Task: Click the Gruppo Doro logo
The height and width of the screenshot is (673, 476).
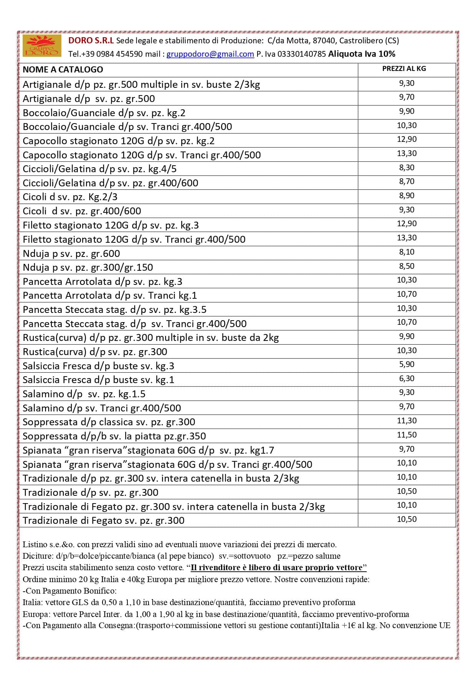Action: point(41,46)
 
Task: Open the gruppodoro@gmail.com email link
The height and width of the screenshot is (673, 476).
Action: point(210,54)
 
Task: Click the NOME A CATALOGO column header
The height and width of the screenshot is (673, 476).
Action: point(63,69)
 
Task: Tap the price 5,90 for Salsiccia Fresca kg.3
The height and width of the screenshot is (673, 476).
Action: point(407,364)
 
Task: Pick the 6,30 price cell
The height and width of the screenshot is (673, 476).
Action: point(407,378)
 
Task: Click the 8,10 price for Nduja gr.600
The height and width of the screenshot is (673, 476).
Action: point(407,252)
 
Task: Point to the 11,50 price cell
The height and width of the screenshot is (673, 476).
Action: point(407,435)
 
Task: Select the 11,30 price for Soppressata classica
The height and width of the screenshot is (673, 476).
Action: point(407,421)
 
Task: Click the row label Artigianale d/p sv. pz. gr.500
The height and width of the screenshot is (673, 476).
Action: point(89,99)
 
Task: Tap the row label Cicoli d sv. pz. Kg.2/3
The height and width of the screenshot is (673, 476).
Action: point(70,197)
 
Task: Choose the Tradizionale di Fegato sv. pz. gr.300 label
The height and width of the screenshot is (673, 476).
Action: point(103,520)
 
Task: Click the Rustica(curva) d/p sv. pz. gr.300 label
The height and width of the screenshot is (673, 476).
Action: point(95,352)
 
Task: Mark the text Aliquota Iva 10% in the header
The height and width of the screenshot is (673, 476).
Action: point(362,54)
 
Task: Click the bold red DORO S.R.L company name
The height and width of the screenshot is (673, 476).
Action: point(91,41)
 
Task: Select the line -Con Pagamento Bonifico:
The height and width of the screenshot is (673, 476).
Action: point(69,591)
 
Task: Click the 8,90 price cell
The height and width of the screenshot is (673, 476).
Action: point(407,196)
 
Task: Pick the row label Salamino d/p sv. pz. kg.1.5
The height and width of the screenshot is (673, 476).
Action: point(84,394)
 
